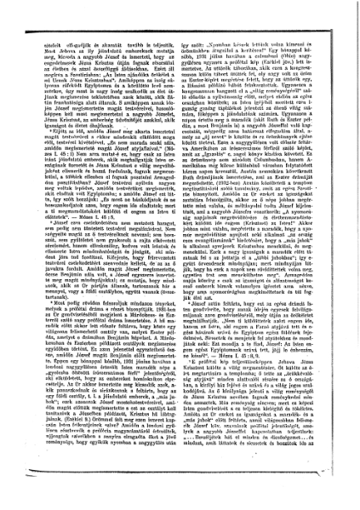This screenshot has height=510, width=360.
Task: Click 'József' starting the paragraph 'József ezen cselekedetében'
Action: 60,241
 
